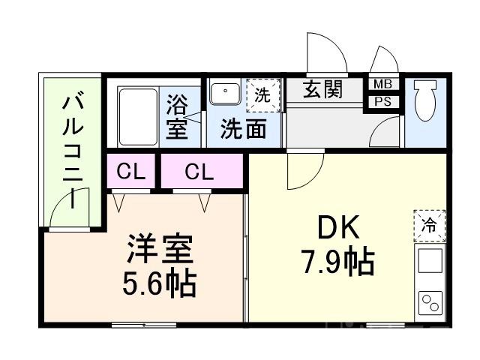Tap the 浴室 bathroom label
click(x=177, y=116)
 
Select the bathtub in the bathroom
click(x=138, y=117)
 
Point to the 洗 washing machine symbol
click(x=262, y=94)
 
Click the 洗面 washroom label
click(x=243, y=130)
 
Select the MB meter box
click(x=382, y=84)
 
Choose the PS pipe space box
click(x=382, y=101)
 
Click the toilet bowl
click(x=425, y=102)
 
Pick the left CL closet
click(x=130, y=172)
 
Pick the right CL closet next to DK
click(x=199, y=172)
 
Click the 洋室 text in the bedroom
click(x=160, y=248)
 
